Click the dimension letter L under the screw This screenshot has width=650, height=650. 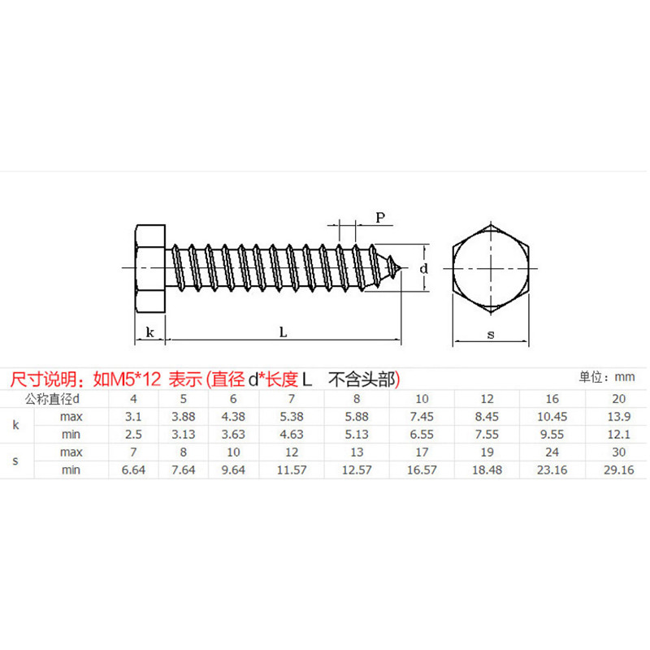click(282, 331)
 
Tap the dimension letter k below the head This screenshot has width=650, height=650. click(149, 331)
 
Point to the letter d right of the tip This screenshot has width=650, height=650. click(423, 268)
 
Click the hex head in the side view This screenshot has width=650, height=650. click(149, 266)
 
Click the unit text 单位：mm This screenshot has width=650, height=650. click(606, 377)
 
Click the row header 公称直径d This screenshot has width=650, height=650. click(54, 399)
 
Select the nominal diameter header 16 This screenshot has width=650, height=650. click(552, 399)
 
